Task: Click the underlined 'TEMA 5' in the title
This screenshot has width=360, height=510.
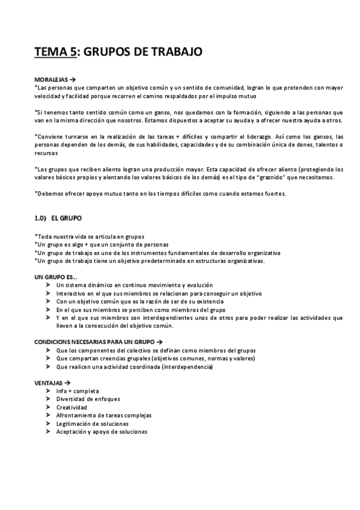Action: (x=56, y=52)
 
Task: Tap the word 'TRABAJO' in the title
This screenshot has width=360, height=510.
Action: (x=176, y=52)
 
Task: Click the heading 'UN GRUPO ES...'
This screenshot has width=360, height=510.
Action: (x=56, y=276)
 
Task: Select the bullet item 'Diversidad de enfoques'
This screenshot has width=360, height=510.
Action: (x=88, y=399)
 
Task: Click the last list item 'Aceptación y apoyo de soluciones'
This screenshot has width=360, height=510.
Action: (x=102, y=431)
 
